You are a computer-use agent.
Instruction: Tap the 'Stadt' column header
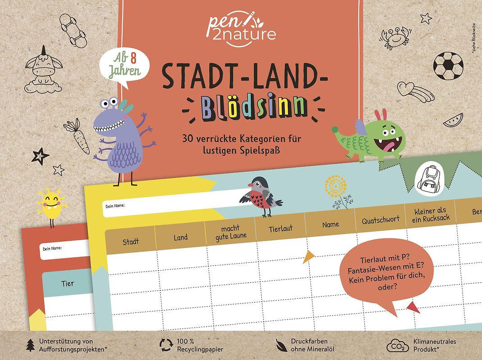point(131,242)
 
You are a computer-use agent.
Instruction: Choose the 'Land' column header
point(181,237)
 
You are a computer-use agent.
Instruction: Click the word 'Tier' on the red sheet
point(68,283)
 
